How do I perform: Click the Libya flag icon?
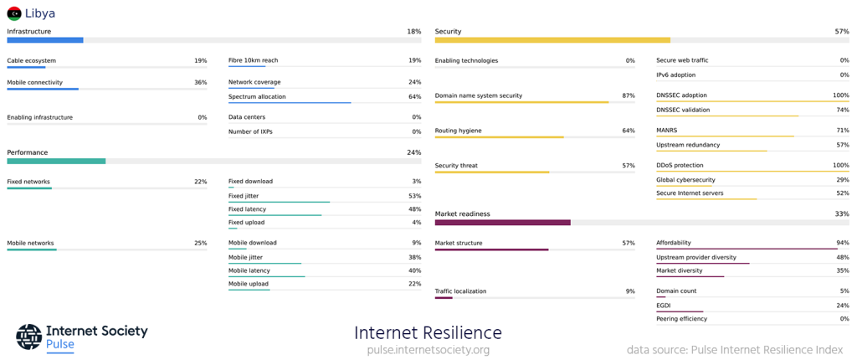click(x=14, y=13)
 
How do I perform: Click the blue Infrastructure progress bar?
click(x=45, y=40)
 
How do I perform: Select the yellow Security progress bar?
click(x=552, y=40)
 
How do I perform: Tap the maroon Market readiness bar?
click(x=502, y=223)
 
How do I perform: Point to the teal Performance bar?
click(x=56, y=162)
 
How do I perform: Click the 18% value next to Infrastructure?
click(x=413, y=32)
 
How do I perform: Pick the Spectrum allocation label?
click(x=257, y=97)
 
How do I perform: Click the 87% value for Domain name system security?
click(x=628, y=96)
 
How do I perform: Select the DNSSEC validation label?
click(x=683, y=111)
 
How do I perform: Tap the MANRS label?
click(x=667, y=131)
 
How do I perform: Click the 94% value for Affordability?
click(x=842, y=244)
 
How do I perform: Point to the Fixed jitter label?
click(x=244, y=196)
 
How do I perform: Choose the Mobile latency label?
click(x=249, y=270)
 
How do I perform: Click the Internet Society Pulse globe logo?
click(x=28, y=337)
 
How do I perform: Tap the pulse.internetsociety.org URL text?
click(x=428, y=350)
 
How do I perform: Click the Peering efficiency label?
click(x=681, y=319)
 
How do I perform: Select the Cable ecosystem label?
click(x=32, y=61)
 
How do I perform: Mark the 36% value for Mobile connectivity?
click(x=200, y=83)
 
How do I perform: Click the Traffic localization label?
click(x=460, y=291)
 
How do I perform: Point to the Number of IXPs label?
click(x=250, y=132)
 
